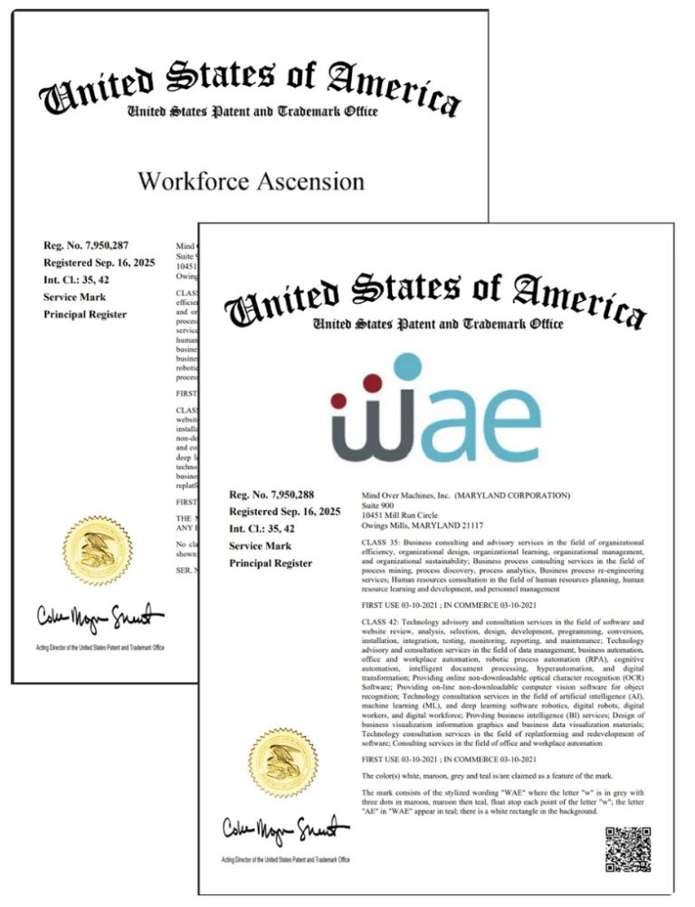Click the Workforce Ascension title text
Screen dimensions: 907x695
tap(251, 181)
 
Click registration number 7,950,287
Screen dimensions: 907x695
tap(87, 246)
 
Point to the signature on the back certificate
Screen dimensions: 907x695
tap(100, 619)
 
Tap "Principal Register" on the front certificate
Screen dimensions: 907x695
tap(270, 563)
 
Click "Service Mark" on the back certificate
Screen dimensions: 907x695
tap(75, 297)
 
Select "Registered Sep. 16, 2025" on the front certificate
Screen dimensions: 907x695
tap(285, 512)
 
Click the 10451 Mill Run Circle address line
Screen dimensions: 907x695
tap(403, 516)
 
